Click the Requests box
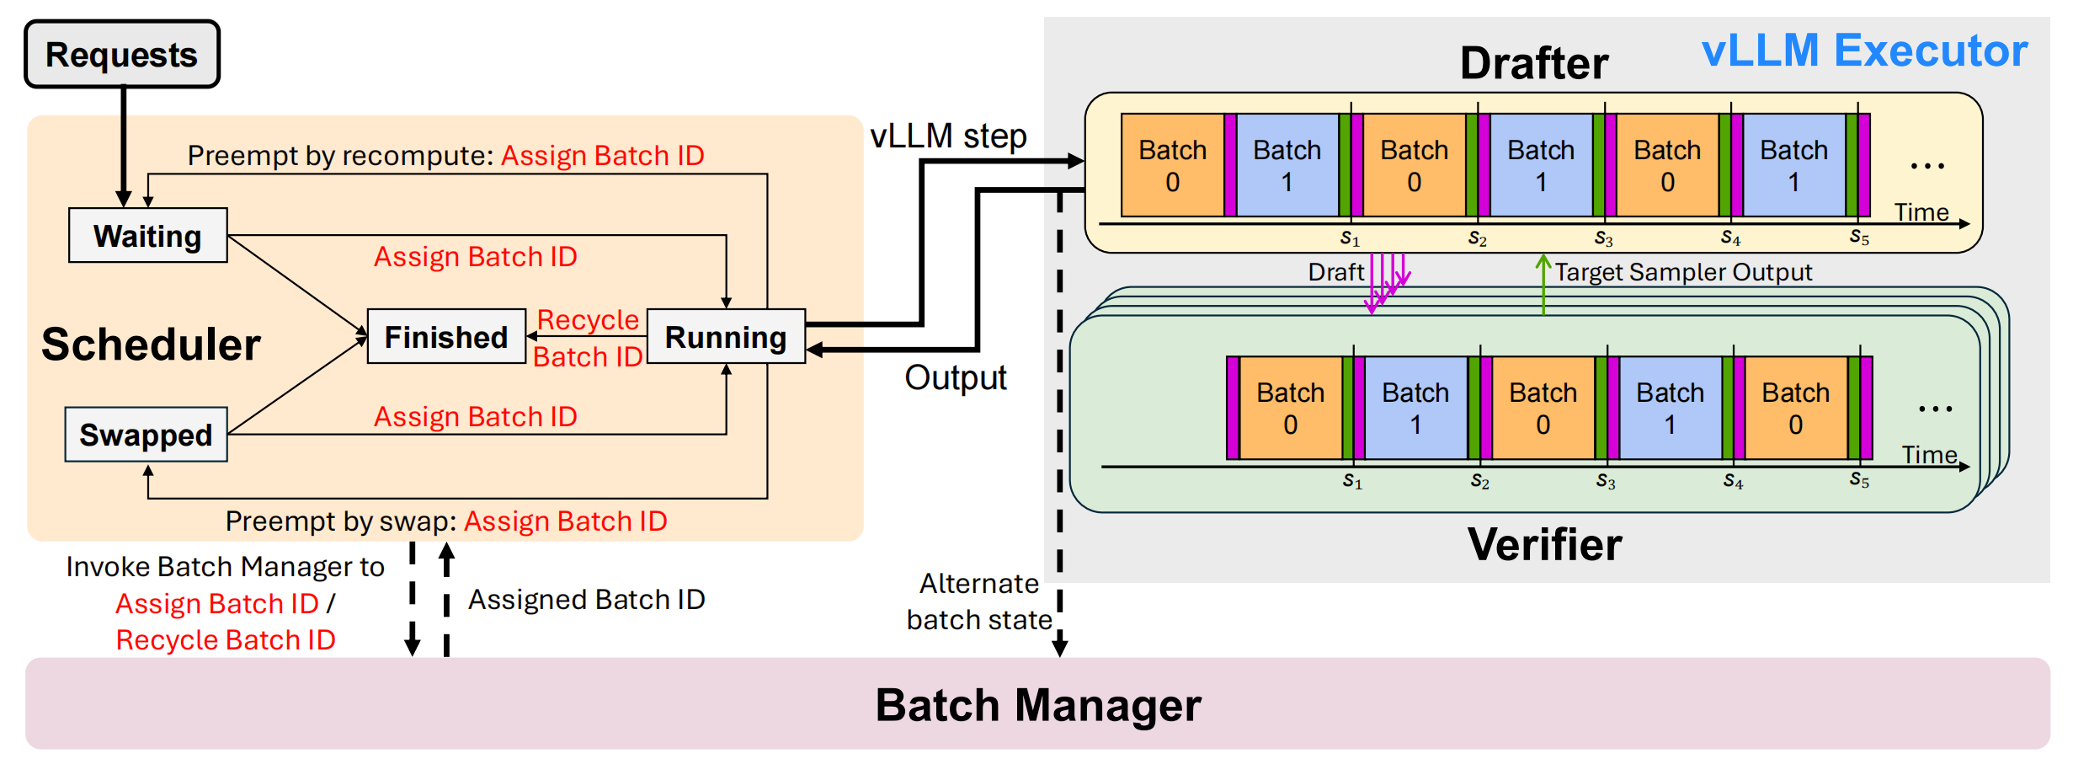121,55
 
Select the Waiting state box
147,236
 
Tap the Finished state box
446,337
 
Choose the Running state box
726,337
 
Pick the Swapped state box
146,435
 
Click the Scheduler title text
151,345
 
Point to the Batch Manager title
1037,705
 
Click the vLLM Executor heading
1864,51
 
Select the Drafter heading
1533,63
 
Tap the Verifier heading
1544,544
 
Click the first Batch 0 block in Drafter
1172,166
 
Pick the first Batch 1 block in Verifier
1415,409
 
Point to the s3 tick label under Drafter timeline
1604,239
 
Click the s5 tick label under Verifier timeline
1859,480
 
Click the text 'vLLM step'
948,136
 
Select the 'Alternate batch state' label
978,601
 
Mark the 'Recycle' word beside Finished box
588,320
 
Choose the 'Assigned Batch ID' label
586,600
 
